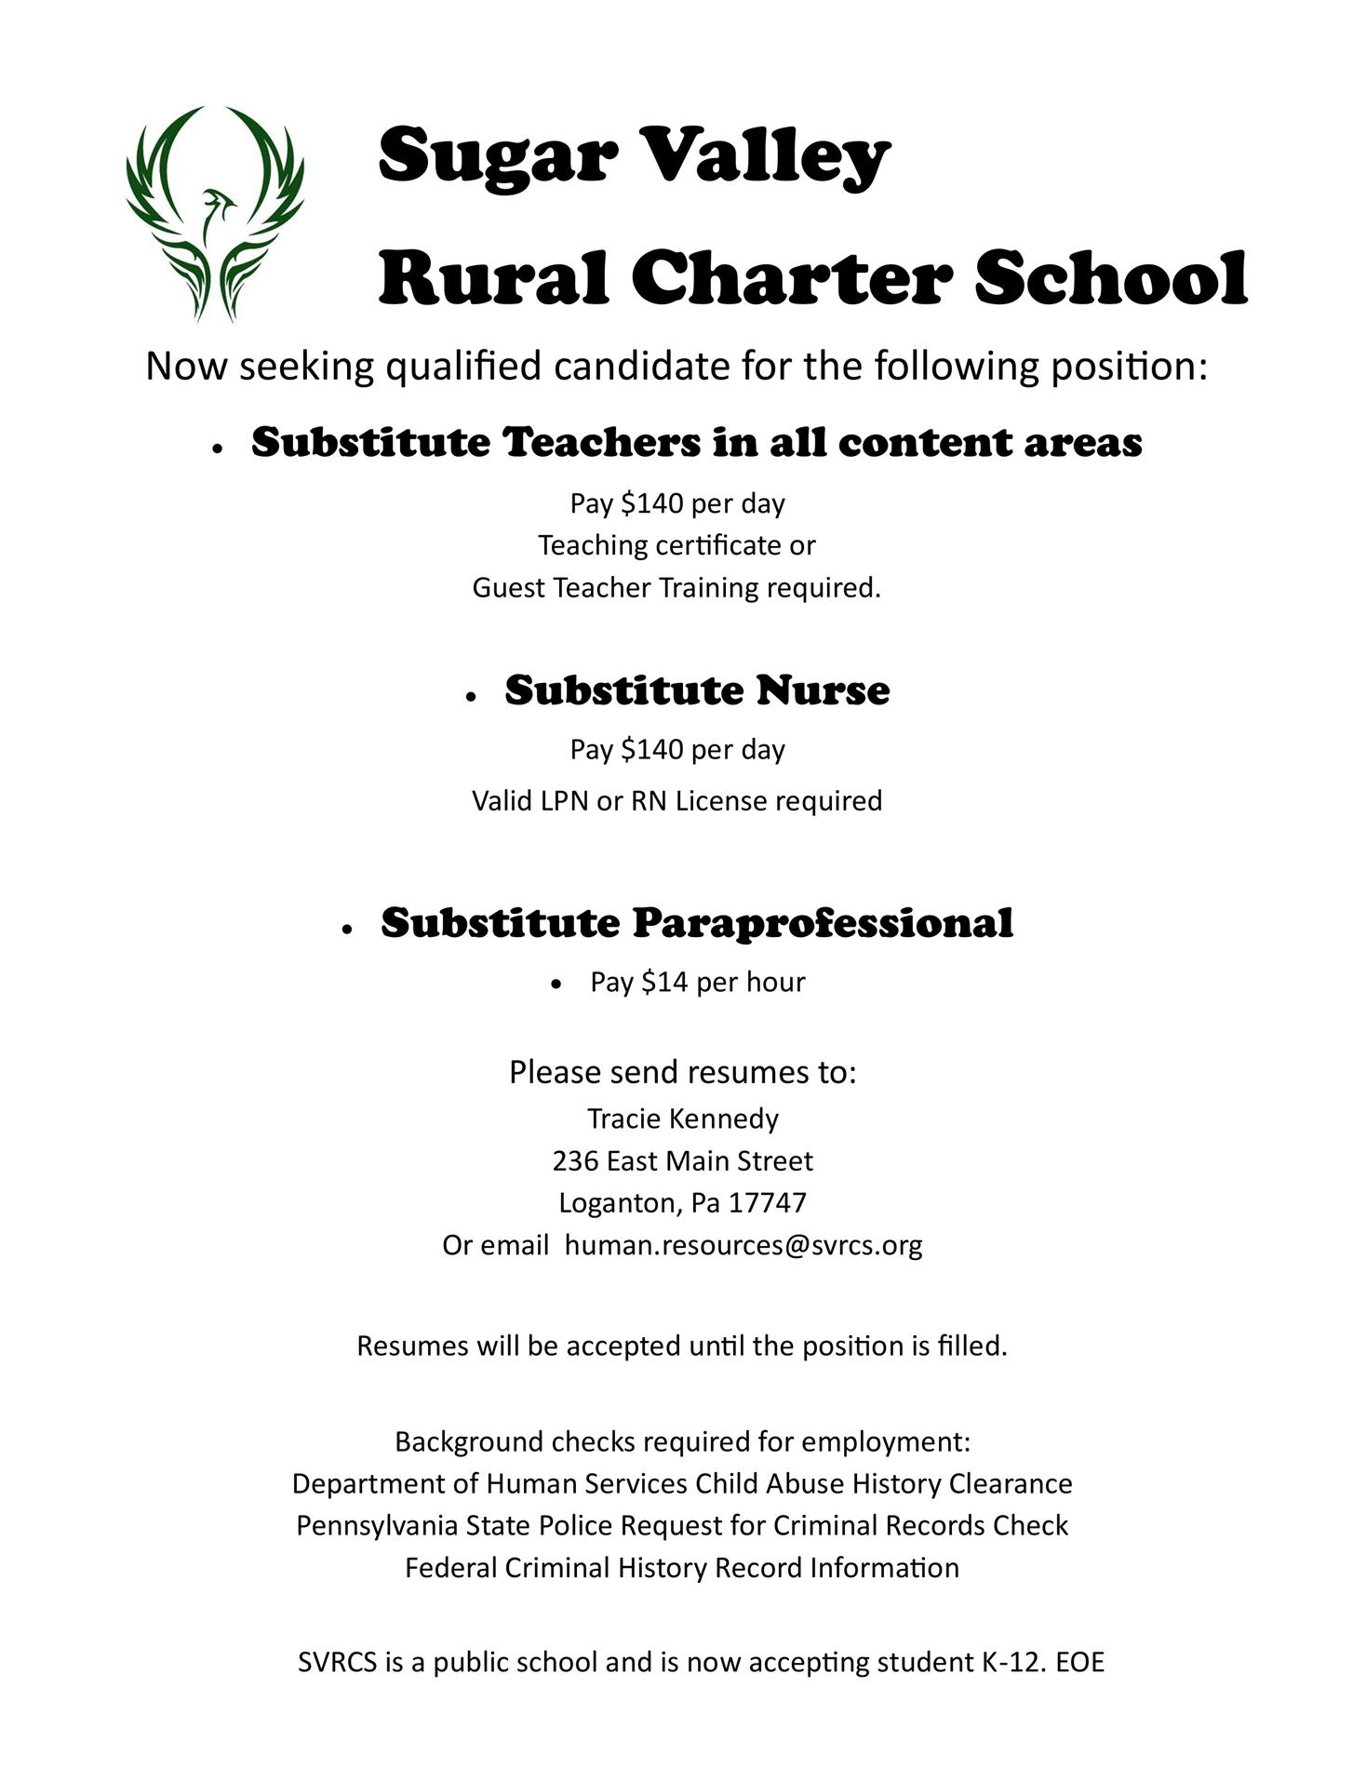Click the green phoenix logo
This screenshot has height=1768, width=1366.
[215, 213]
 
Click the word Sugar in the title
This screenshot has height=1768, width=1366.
[498, 154]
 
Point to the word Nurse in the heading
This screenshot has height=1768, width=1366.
[823, 690]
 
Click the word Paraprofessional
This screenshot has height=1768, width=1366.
[823, 923]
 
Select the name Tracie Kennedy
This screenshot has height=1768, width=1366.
[683, 1118]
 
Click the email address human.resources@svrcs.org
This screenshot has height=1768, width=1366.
[743, 1245]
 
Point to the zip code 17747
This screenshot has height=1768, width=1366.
[768, 1203]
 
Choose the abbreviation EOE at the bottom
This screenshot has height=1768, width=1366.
[1080, 1663]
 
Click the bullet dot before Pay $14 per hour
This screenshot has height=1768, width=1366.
[556, 984]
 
